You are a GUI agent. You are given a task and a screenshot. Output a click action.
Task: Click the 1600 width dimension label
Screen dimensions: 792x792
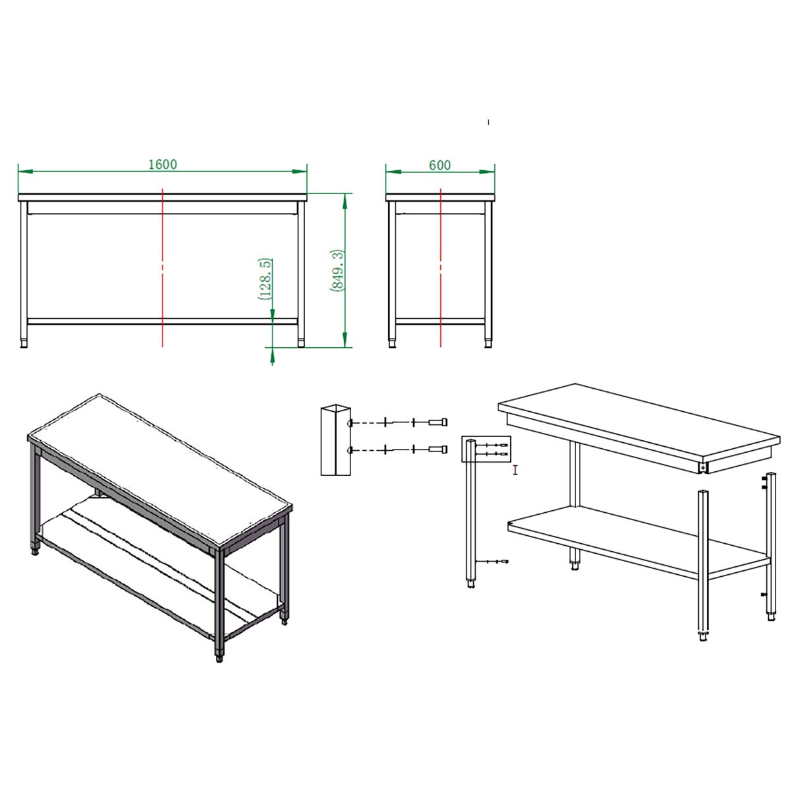[x=163, y=164]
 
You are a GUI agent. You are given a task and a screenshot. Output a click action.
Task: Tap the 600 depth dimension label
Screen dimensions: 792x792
[x=440, y=165]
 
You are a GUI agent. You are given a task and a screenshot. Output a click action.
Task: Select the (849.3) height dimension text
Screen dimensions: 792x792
[x=337, y=271]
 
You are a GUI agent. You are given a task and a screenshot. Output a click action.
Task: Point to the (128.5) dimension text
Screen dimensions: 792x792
[x=265, y=279]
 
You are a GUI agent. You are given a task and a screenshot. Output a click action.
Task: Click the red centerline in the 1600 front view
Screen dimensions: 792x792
[x=163, y=267]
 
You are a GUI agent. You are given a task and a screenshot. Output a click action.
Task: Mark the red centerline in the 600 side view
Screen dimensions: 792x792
[x=441, y=267]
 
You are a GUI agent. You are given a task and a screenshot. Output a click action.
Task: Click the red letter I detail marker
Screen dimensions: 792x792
[x=515, y=470]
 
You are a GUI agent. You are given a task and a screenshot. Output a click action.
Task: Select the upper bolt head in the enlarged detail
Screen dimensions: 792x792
[x=438, y=422]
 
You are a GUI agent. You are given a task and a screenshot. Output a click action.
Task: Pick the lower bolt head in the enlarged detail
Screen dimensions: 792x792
[x=438, y=449]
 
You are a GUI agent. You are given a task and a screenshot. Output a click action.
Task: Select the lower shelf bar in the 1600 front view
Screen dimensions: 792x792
[x=162, y=321]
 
